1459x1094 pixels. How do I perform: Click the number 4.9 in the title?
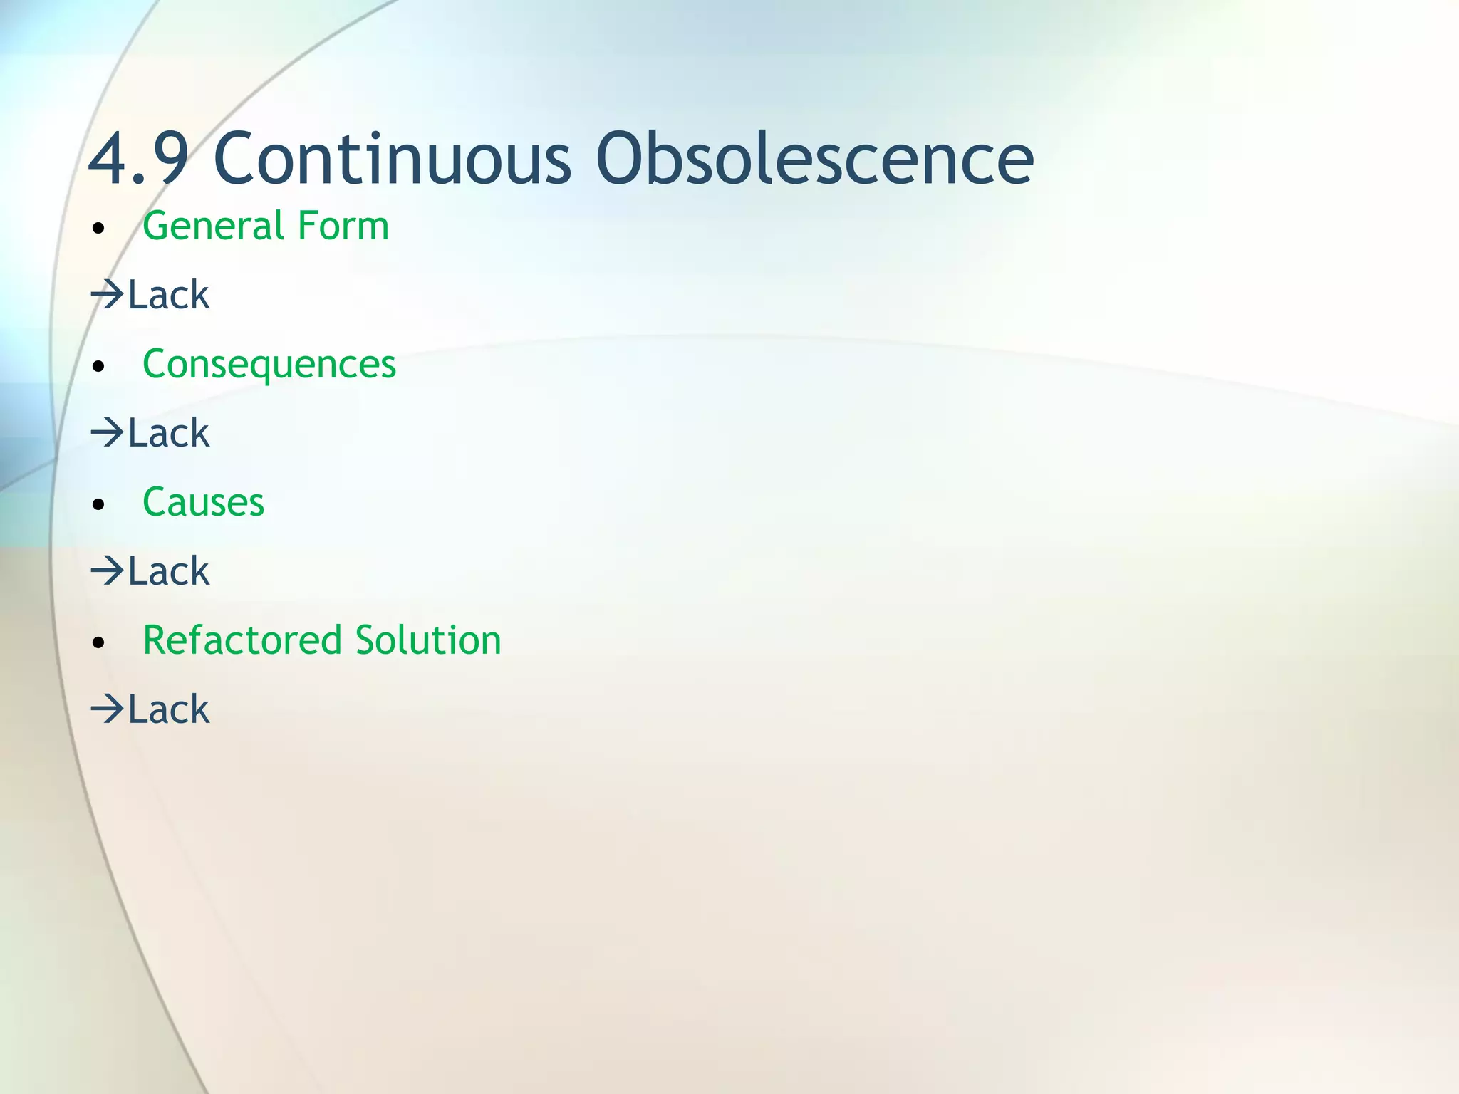click(x=138, y=158)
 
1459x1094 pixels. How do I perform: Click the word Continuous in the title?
click(x=392, y=158)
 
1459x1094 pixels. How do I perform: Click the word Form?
click(x=343, y=226)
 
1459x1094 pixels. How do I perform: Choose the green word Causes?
click(x=204, y=503)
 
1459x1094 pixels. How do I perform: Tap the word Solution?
click(x=428, y=640)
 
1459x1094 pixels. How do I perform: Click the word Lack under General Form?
click(x=169, y=295)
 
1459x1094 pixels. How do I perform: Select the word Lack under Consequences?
click(x=169, y=433)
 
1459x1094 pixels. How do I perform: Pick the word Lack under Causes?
click(x=169, y=571)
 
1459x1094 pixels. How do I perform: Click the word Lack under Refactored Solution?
click(x=169, y=709)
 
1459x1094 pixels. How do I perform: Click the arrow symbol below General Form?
click(x=108, y=295)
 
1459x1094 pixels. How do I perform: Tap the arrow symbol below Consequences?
click(x=108, y=433)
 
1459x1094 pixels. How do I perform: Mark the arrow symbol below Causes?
click(x=108, y=571)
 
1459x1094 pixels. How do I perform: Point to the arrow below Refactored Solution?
click(x=108, y=709)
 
